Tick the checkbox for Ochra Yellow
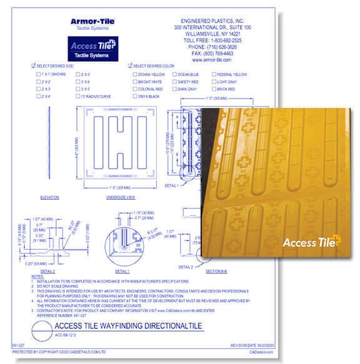pyautogui.click(x=136, y=74)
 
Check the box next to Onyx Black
pyautogui.click(x=136, y=97)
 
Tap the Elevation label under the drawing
pyautogui.click(x=49, y=197)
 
